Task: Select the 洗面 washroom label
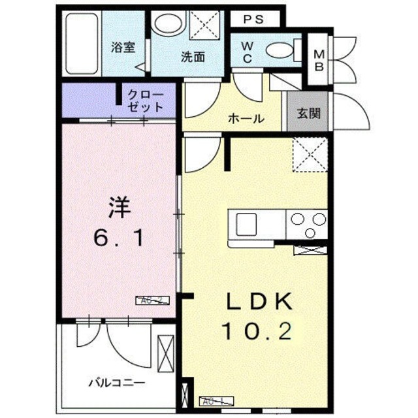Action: click(x=193, y=57)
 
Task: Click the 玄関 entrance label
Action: click(x=309, y=112)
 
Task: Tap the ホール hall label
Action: click(x=246, y=119)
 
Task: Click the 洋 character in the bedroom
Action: click(x=120, y=209)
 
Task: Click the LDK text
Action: click(x=259, y=304)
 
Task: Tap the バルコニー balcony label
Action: click(x=117, y=383)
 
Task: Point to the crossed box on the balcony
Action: click(x=167, y=353)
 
